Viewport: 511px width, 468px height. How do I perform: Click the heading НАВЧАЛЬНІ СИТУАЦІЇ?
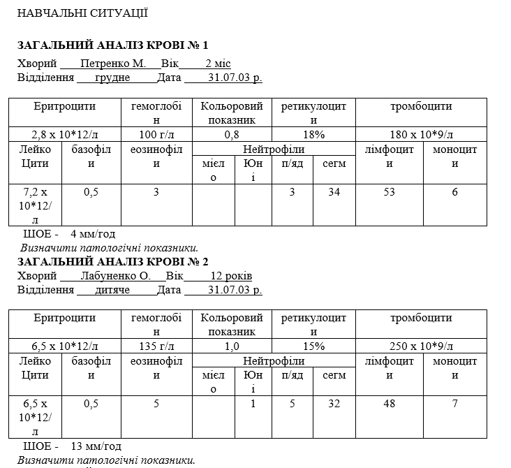(x=82, y=13)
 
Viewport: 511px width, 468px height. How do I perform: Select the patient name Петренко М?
(x=113, y=63)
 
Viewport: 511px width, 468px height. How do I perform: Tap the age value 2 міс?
(x=218, y=63)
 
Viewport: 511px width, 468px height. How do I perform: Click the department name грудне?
(x=112, y=77)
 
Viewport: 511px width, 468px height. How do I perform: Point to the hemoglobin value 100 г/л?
(x=156, y=134)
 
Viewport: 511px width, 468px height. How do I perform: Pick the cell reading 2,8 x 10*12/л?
(x=65, y=134)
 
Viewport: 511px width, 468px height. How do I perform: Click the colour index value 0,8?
(x=232, y=134)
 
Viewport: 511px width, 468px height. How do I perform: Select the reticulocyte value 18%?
(x=313, y=134)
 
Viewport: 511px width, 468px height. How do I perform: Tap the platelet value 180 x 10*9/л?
(x=421, y=134)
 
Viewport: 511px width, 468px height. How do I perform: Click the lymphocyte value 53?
(x=390, y=192)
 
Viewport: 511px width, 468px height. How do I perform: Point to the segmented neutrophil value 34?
(x=334, y=192)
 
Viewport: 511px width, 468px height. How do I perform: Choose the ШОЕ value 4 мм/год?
(x=93, y=233)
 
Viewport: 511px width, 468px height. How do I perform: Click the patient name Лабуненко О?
(x=115, y=276)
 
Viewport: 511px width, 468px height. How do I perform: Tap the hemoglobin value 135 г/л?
(x=156, y=346)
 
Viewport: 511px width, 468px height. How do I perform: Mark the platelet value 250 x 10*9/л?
(x=421, y=346)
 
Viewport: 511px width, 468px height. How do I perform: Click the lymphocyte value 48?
(x=390, y=403)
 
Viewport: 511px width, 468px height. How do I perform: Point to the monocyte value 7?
(x=454, y=403)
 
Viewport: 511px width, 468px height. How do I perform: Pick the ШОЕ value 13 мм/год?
(x=96, y=446)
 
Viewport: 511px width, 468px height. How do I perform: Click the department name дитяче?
(x=112, y=289)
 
